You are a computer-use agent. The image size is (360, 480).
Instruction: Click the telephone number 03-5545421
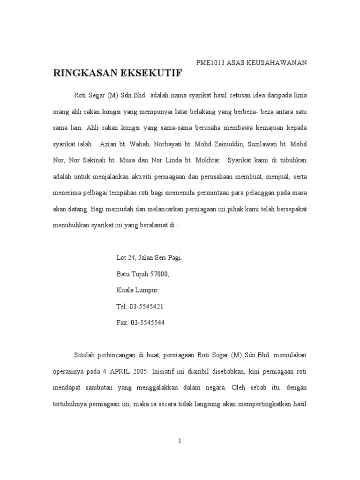point(147,307)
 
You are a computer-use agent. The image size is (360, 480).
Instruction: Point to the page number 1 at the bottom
point(180,441)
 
